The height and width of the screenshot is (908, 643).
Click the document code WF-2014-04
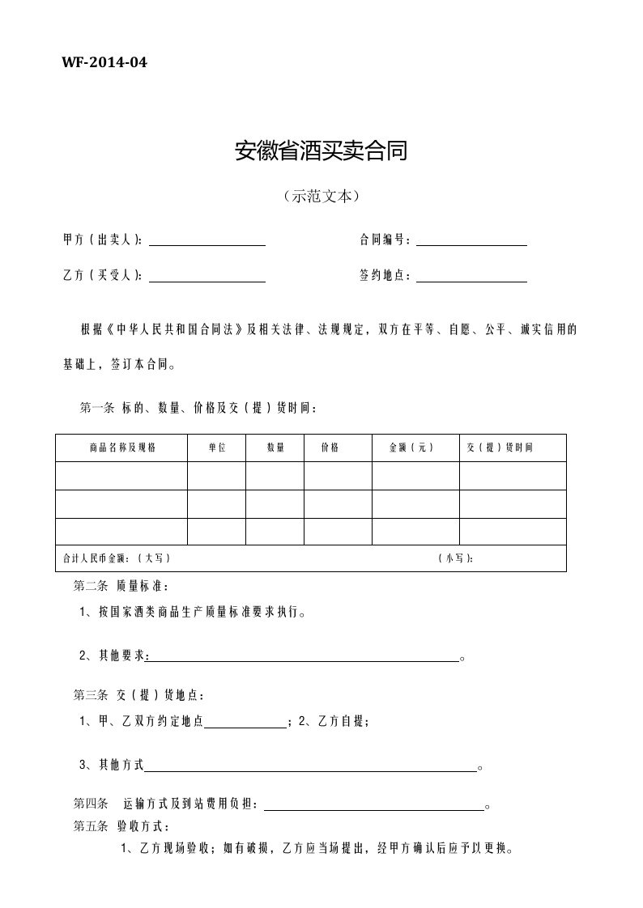coord(104,62)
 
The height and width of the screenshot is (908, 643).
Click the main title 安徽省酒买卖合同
coord(321,151)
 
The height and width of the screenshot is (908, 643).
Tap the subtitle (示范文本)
coord(321,196)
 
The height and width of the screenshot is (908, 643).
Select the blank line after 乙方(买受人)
coord(207,279)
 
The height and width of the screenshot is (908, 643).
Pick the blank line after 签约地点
coord(471,279)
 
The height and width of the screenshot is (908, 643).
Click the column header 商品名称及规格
coord(121,448)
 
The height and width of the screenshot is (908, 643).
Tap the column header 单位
coord(216,448)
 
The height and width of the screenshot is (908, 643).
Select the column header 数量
coord(275,448)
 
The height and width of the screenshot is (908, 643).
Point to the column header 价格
coord(330,448)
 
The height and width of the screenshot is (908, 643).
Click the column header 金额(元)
coord(411,448)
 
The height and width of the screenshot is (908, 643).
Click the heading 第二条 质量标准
coord(121,586)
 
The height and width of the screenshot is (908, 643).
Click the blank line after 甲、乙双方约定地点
coord(245,726)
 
